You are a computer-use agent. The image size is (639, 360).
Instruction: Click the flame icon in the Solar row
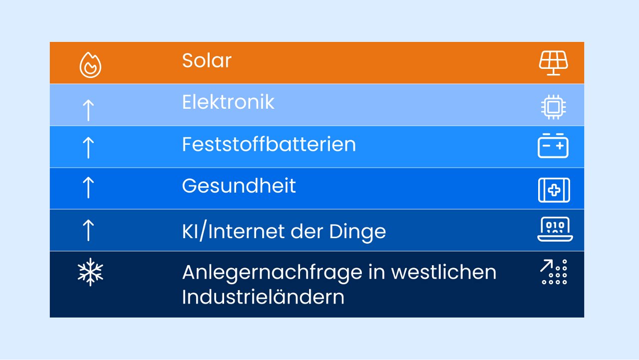[x=90, y=65]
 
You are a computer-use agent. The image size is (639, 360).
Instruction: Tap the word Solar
[x=207, y=61]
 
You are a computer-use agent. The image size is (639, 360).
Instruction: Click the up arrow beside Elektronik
[x=88, y=110]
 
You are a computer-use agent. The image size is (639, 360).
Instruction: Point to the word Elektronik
[x=228, y=102]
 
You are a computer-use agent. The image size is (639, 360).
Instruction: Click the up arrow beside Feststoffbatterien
[x=88, y=148]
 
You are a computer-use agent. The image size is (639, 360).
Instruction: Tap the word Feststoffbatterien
[x=269, y=145]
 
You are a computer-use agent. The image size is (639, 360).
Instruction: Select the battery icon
[x=553, y=146]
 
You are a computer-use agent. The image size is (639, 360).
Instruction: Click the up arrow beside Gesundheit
[x=88, y=187]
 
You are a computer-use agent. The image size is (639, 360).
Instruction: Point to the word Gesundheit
[x=239, y=186]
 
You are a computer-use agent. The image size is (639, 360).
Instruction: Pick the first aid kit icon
[x=554, y=190]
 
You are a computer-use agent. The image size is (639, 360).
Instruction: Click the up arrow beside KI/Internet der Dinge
[x=88, y=230]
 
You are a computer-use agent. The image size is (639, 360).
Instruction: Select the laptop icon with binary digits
[x=555, y=229]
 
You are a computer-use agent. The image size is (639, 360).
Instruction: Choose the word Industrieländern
[x=263, y=297]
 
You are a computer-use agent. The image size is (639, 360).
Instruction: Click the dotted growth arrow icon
[x=554, y=272]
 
